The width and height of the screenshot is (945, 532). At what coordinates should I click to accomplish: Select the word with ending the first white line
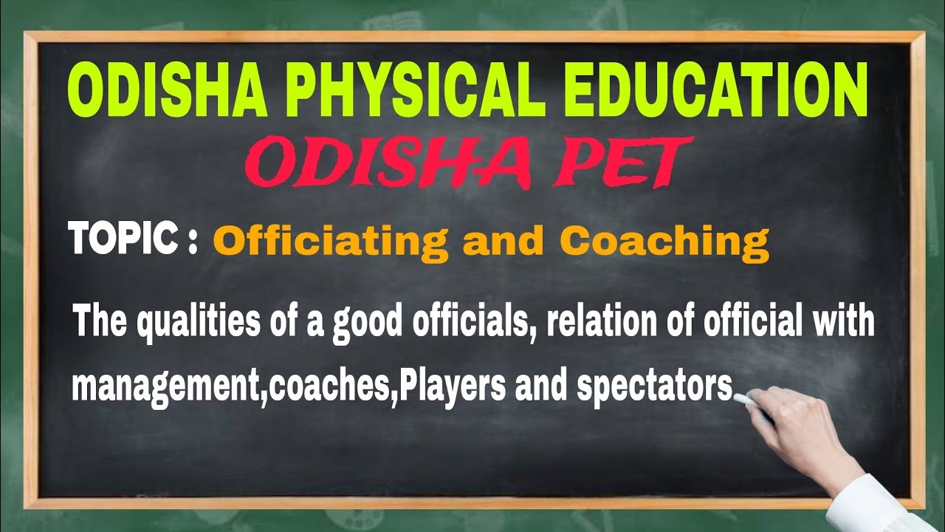pos(842,323)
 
